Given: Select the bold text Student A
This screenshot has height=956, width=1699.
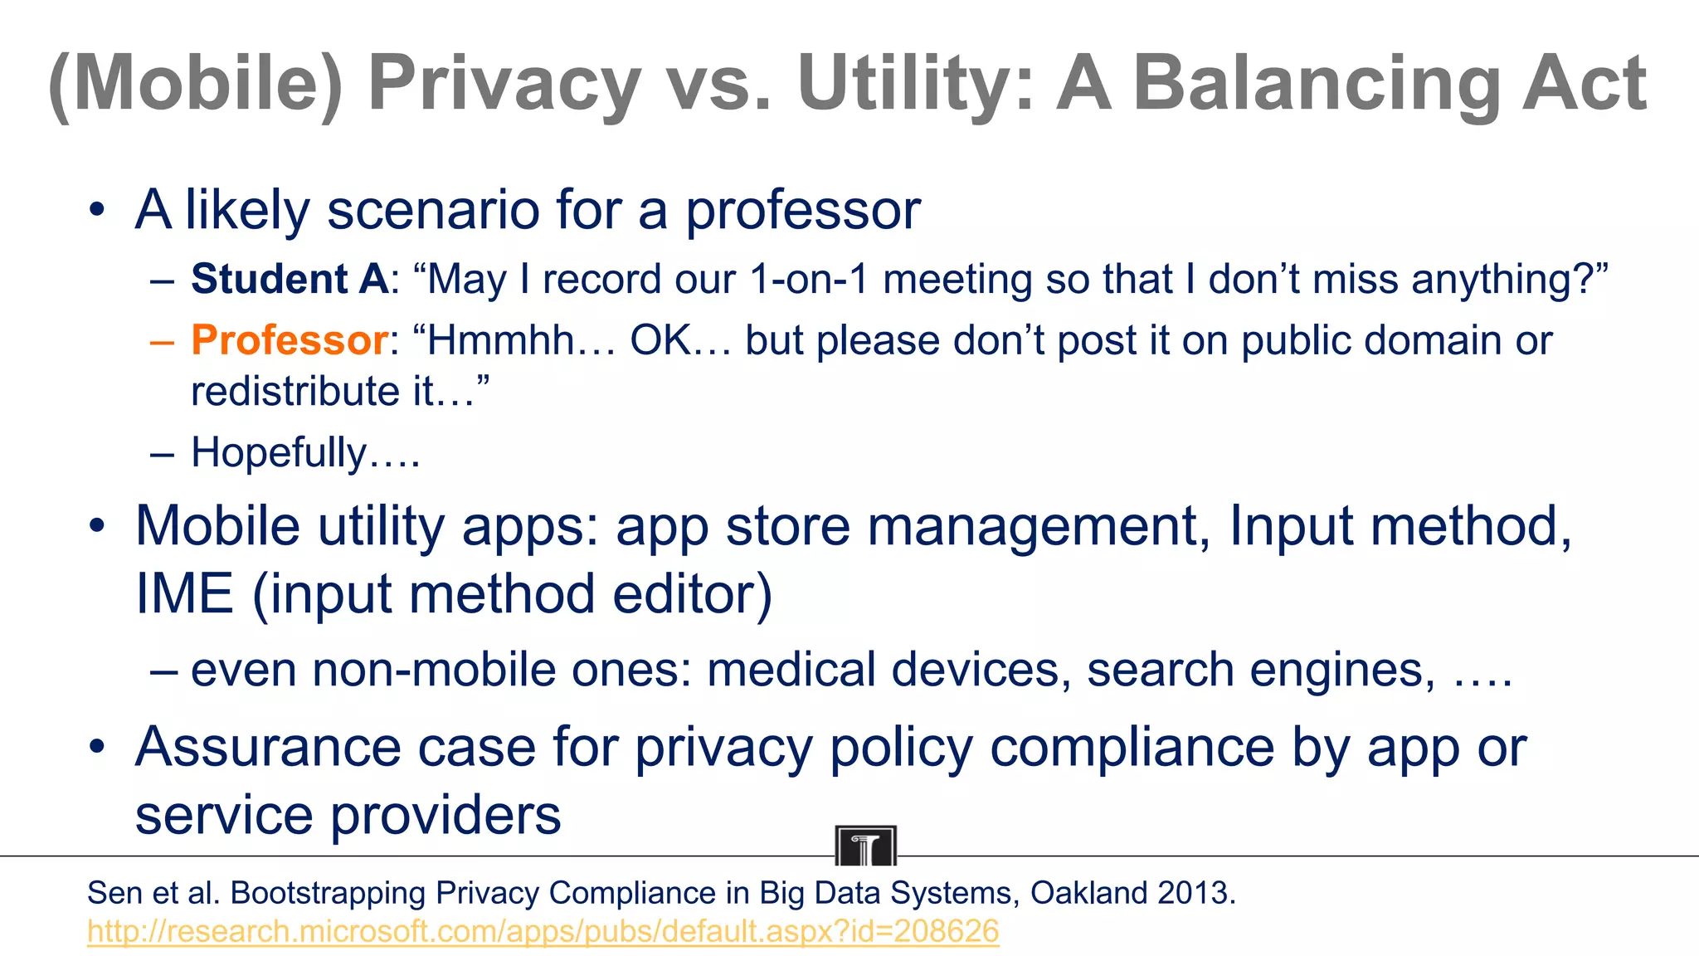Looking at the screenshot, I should click(x=289, y=279).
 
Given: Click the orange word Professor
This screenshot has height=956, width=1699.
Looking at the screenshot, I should click(x=289, y=340).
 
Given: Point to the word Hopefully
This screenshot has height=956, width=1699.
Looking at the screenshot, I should click(x=279, y=453).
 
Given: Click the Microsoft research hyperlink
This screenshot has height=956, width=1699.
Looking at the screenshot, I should click(x=543, y=931).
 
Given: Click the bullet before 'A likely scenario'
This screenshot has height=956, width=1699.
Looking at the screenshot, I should click(x=98, y=210).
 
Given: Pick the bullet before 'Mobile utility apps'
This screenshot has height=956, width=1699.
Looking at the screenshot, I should click(x=98, y=526).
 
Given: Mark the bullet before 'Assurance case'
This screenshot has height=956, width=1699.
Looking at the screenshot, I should click(x=98, y=747).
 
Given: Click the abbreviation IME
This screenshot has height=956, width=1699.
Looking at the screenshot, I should click(x=184, y=594).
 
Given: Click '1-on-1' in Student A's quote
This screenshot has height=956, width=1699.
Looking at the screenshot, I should click(x=808, y=279).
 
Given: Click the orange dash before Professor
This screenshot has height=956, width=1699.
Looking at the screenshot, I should click(x=163, y=341).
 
